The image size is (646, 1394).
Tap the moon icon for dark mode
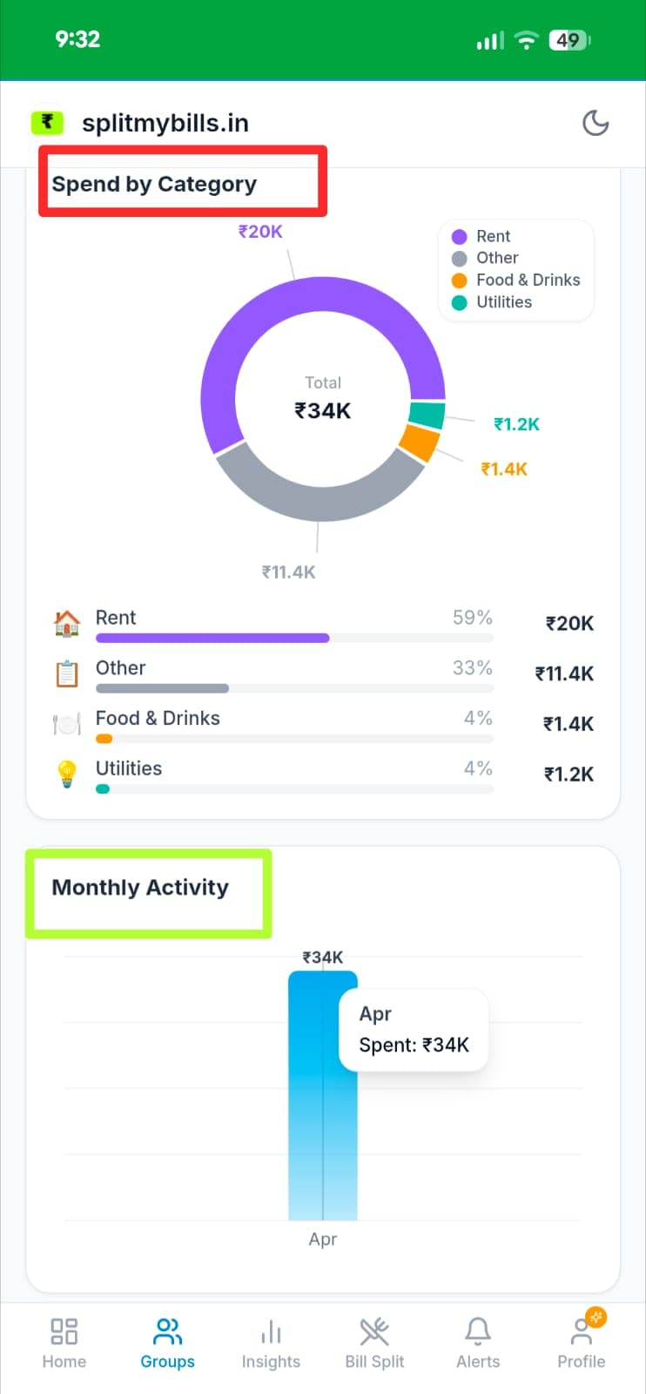(x=596, y=123)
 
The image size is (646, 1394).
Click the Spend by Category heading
(x=154, y=184)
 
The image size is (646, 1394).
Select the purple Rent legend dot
(x=460, y=236)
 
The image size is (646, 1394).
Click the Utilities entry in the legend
(x=503, y=302)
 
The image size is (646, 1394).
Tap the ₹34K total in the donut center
(x=323, y=410)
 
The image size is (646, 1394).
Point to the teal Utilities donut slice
(x=427, y=415)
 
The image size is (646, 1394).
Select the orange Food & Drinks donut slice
(x=419, y=443)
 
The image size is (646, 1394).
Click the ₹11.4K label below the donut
(x=289, y=572)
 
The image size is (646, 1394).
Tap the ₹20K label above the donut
(x=260, y=232)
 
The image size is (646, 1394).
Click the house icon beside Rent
(x=67, y=623)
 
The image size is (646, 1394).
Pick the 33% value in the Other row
(x=472, y=668)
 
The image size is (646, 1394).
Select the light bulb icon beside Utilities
(x=67, y=774)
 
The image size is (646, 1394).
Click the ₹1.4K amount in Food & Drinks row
(x=569, y=724)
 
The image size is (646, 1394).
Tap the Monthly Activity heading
(x=140, y=888)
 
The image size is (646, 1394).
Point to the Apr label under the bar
(x=323, y=1239)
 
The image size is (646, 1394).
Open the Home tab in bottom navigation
(x=64, y=1343)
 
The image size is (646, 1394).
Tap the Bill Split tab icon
(x=374, y=1332)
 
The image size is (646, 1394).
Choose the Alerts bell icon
(x=478, y=1332)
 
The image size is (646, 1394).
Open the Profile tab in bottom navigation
(x=582, y=1343)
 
